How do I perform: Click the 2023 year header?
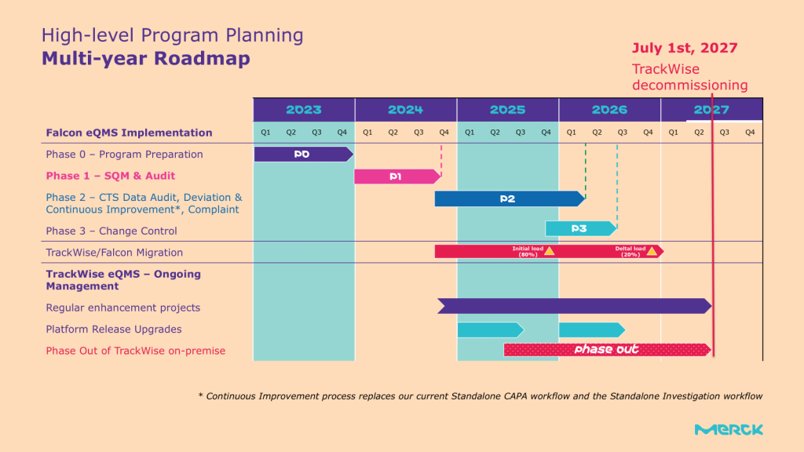pos(303,110)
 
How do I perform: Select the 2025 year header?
pos(507,110)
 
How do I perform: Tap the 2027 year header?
pos(711,110)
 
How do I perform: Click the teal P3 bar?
pos(579,228)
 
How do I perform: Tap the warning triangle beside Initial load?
pos(550,251)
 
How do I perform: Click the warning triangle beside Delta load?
pos(652,251)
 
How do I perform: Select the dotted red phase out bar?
pos(606,349)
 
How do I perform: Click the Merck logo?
pos(729,429)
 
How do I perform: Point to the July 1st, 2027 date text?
pos(685,48)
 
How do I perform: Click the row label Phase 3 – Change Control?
pos(111,231)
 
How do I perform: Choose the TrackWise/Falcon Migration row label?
pos(115,253)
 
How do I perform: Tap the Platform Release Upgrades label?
pos(114,330)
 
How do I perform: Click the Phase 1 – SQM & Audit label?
pos(111,176)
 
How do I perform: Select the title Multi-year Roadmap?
pos(145,59)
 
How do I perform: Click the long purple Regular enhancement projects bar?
pos(573,306)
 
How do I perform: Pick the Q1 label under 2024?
pos(367,132)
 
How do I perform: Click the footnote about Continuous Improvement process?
pos(480,396)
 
